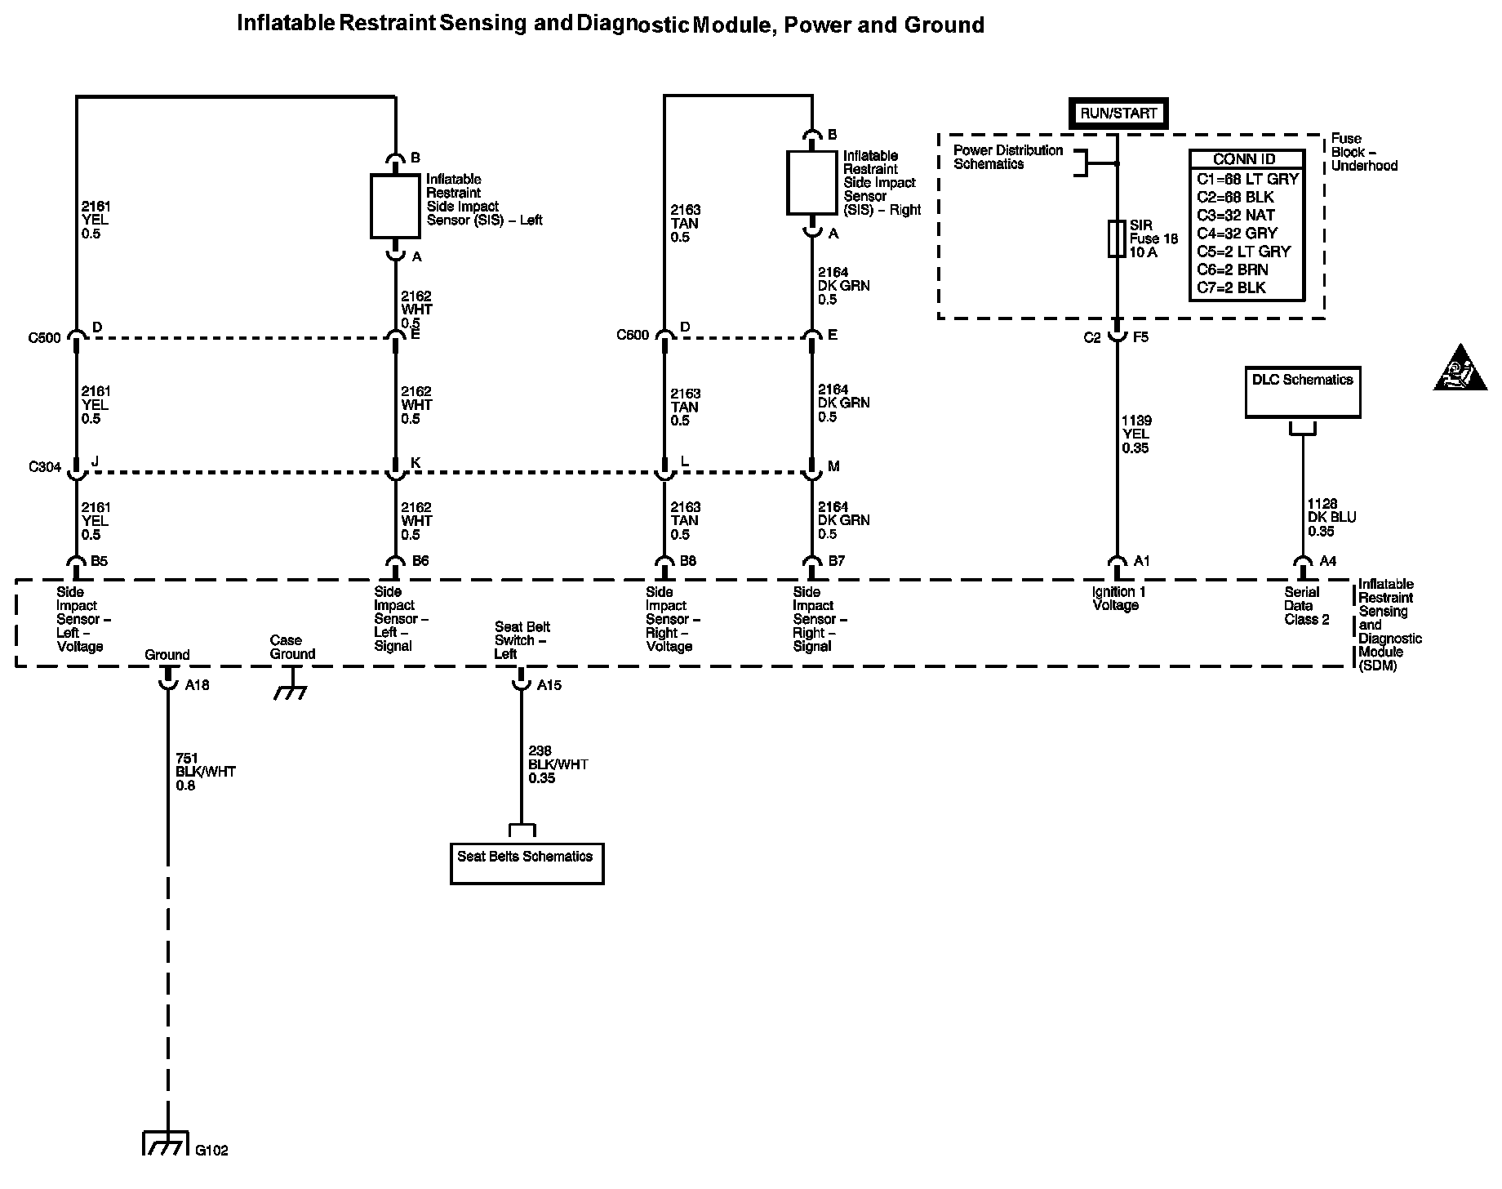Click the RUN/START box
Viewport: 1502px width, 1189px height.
coord(1118,114)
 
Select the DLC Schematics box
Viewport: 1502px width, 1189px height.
coord(1302,392)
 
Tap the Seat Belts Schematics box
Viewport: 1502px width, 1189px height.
coord(527,863)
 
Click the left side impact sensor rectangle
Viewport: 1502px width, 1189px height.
coord(395,207)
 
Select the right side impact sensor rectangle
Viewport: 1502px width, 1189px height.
coord(812,183)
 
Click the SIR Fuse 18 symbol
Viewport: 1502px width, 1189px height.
coord(1117,238)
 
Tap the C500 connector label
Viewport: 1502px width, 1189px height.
coord(44,338)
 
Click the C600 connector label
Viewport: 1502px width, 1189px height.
coord(633,336)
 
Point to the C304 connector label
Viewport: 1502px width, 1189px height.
coord(44,467)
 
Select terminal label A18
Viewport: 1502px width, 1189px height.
coord(197,686)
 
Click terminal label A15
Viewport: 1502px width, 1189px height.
coord(549,686)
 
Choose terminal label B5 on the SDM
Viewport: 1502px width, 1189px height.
coord(100,561)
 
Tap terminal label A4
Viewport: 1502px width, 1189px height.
coord(1327,561)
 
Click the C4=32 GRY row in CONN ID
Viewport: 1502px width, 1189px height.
coord(1237,234)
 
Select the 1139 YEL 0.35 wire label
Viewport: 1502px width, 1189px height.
coord(1137,434)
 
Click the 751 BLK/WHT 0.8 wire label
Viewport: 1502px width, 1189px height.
coord(205,772)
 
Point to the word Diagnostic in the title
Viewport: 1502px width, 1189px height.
coord(633,24)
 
